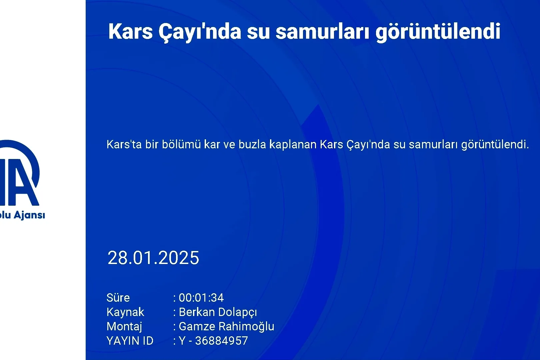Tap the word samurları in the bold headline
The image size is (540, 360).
pos(323,32)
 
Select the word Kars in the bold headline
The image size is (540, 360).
pos(130,31)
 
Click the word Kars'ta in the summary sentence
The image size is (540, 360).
pos(124,144)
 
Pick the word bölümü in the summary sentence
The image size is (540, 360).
pos(181,144)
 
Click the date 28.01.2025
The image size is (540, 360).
pos(153,258)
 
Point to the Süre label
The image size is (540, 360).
pos(118,298)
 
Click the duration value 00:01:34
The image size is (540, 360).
pos(201,298)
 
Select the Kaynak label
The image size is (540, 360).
pos(125,312)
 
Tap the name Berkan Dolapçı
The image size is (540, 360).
pos(218,312)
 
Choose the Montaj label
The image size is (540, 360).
pos(124,327)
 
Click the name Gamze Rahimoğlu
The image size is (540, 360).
pos(227,327)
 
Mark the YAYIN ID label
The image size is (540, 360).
pos(130,341)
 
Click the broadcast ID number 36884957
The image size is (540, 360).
pos(222,341)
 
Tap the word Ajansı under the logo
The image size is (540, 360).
pos(29,215)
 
